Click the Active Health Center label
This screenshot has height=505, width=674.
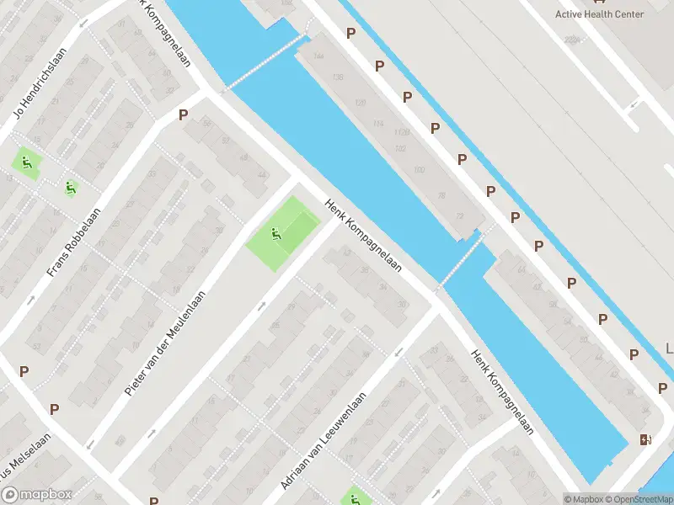coord(599,14)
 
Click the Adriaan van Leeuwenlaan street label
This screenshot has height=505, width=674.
coord(324,441)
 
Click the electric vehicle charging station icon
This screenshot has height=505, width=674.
coord(645,439)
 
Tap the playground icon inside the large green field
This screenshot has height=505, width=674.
coord(275,233)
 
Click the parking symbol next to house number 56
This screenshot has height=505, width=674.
coord(183,115)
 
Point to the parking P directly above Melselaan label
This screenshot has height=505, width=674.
coord(55,409)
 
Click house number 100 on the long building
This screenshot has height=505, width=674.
coord(420,170)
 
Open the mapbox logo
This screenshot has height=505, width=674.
coord(36,495)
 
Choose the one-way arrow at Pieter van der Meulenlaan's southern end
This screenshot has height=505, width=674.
coord(152,433)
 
